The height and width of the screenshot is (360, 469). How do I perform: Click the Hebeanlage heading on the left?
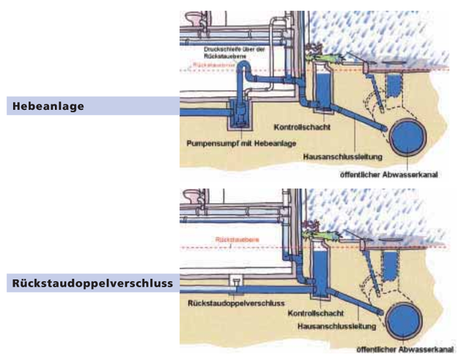coord(47,106)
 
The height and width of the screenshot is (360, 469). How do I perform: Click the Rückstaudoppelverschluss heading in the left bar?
coord(92,283)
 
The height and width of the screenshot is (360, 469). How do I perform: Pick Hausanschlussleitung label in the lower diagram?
coord(333,323)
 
